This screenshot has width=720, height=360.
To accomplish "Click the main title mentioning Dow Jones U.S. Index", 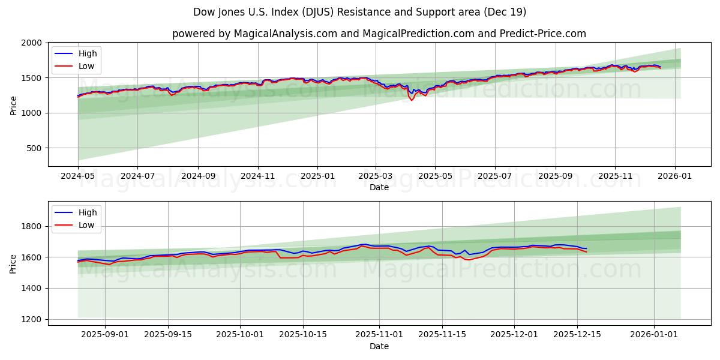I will click(360, 12).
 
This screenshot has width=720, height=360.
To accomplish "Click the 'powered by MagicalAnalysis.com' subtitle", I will click(379, 34).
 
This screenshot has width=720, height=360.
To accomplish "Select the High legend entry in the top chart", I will click(88, 53).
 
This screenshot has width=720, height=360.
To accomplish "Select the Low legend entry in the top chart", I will click(86, 66).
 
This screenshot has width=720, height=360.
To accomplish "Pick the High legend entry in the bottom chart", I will click(88, 212).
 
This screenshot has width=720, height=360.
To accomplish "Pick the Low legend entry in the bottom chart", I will click(86, 225).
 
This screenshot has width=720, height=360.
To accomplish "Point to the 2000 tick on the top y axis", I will click(31, 43).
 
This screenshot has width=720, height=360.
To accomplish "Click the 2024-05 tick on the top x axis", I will click(78, 176).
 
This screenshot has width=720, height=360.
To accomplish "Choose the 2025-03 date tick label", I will click(376, 176).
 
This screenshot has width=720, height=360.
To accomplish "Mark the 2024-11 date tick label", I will click(258, 176).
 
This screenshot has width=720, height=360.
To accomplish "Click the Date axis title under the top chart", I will click(379, 187).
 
